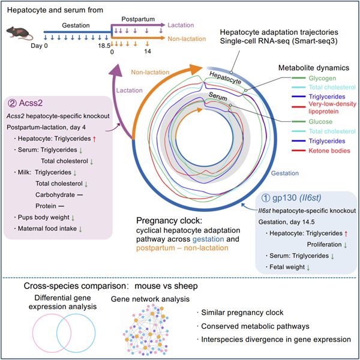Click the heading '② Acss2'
30,102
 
